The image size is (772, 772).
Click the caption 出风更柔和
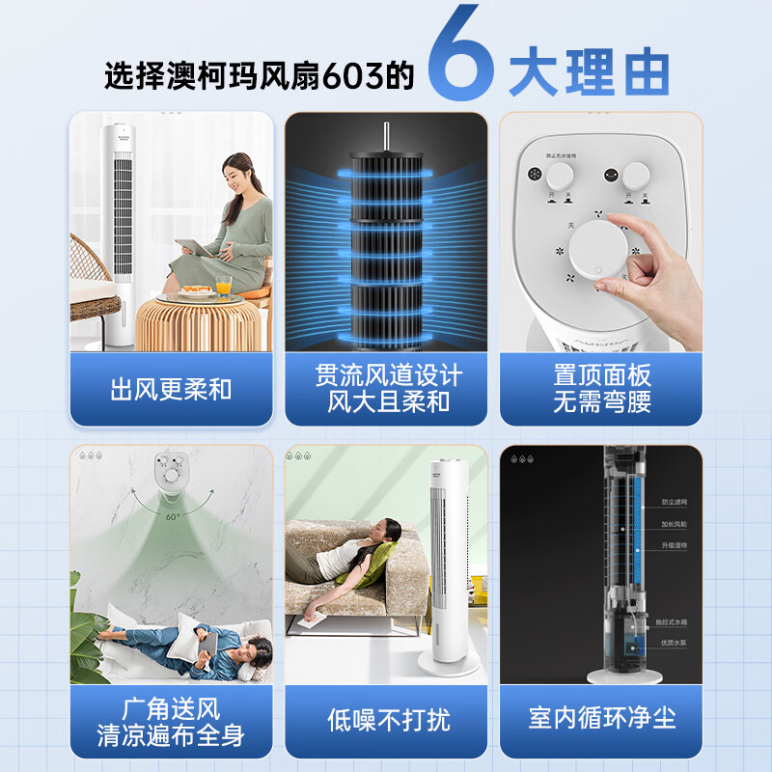pyautogui.click(x=171, y=390)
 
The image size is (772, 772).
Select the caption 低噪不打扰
pyautogui.click(x=388, y=719)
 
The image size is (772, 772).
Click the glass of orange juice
pyautogui.click(x=224, y=286)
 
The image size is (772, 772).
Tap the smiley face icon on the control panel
pyautogui.click(x=610, y=176)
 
